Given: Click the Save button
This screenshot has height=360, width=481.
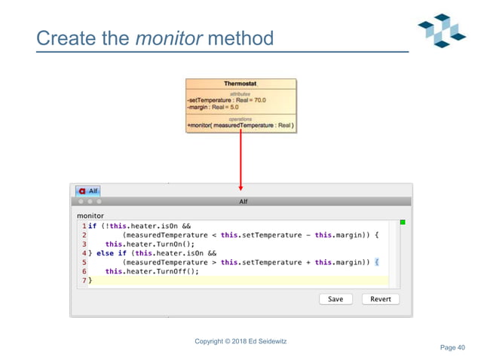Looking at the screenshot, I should [335, 299].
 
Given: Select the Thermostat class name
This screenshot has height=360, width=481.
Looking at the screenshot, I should [240, 84].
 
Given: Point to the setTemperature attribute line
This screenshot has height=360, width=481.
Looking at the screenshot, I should [226, 99].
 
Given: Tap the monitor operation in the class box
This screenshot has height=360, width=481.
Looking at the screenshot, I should [240, 124].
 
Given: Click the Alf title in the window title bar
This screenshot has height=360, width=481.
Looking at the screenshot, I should [243, 202].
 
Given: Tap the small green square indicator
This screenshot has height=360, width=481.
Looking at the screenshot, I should [402, 223].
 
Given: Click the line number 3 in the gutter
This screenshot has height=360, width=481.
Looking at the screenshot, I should [84, 244].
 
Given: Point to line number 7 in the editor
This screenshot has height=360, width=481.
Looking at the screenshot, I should [84, 280].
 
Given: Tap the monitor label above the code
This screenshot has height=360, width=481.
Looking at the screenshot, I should [90, 215].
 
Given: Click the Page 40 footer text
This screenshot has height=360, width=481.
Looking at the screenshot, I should [452, 347].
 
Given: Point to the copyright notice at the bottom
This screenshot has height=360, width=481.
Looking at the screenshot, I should [240, 342].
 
